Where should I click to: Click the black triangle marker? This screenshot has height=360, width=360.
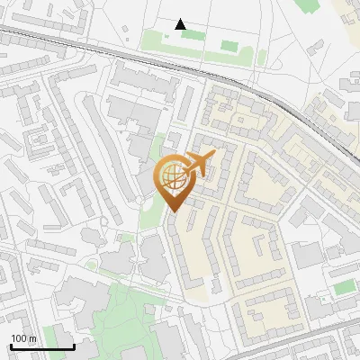click(181, 24)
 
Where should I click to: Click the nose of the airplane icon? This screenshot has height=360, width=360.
click(213, 155)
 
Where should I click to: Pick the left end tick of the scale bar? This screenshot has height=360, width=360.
click(10, 346)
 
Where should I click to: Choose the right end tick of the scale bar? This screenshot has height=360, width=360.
click(74, 346)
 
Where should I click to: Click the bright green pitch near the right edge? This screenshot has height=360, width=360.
click(343, 287)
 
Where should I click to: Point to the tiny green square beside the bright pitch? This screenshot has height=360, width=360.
click(323, 299)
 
